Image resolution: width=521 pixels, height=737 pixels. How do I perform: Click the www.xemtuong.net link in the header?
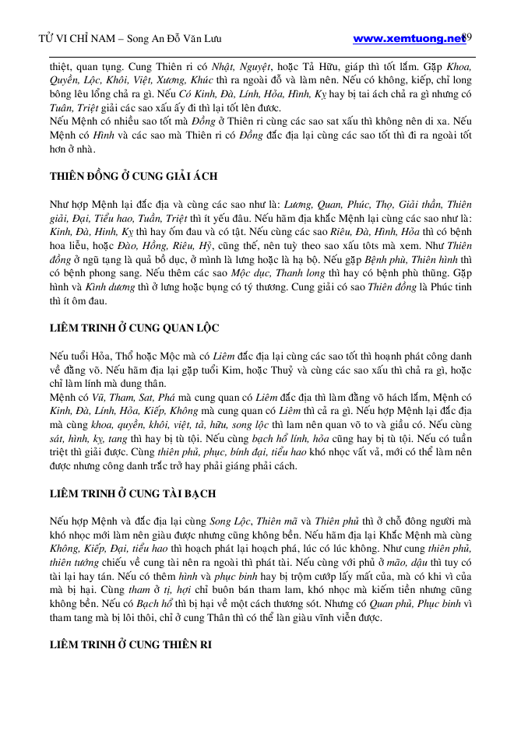pyautogui.click(x=409, y=38)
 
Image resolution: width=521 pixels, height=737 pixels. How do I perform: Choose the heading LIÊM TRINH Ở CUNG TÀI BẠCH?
pyautogui.click(x=132, y=493)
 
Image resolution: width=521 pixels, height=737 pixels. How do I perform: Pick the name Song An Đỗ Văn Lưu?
pyautogui.click(x=180, y=39)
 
